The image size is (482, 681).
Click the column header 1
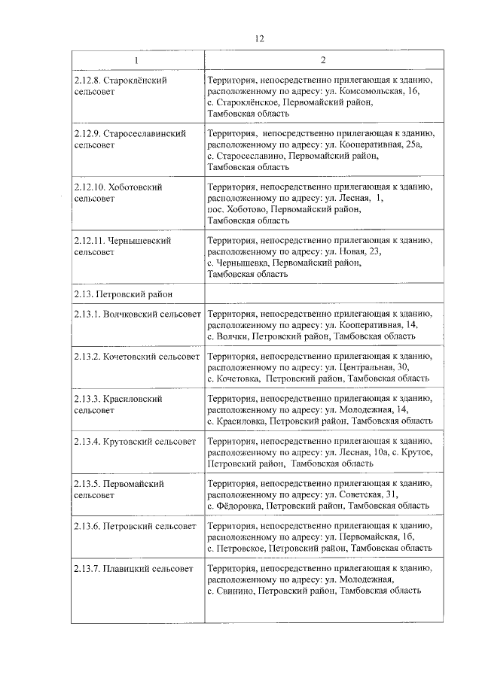tap(136, 60)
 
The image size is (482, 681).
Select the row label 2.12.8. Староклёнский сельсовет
tap(120, 85)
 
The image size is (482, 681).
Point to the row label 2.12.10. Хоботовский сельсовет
tap(119, 192)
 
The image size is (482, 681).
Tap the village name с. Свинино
tap(230, 591)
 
